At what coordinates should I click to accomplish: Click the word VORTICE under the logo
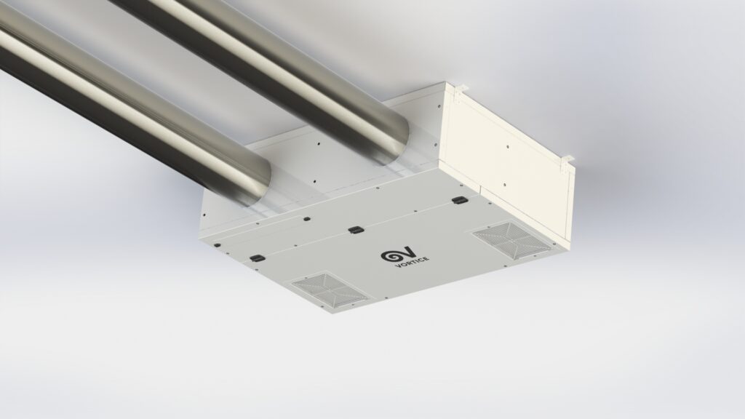(413, 262)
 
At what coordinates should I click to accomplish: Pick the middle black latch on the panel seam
(355, 231)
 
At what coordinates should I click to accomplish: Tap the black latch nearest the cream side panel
(460, 201)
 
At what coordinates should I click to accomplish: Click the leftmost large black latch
(257, 258)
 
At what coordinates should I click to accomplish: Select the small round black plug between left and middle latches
(307, 219)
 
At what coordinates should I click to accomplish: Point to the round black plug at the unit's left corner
(218, 246)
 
